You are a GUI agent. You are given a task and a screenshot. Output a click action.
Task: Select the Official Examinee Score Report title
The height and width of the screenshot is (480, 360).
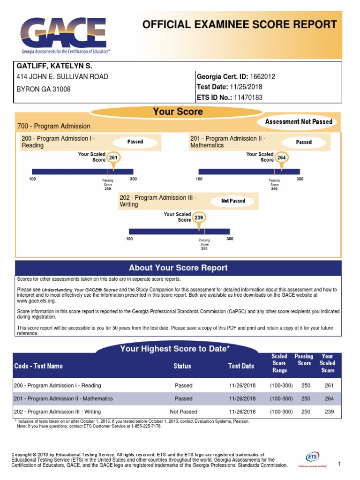(240, 25)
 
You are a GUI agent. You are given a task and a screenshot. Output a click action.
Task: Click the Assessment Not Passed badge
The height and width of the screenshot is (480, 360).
(299, 122)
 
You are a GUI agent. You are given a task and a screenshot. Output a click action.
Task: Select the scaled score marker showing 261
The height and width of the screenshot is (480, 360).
(113, 158)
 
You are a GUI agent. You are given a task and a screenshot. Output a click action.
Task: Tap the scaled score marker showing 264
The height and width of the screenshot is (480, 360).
(281, 158)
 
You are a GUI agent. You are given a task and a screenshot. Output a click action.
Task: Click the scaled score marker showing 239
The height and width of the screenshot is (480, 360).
(199, 218)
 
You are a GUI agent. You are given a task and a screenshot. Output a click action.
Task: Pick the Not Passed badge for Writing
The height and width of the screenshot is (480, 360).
(233, 201)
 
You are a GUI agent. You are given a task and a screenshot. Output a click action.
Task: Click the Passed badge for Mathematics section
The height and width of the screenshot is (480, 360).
(304, 142)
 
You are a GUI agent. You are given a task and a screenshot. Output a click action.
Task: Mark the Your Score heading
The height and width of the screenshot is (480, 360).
(178, 112)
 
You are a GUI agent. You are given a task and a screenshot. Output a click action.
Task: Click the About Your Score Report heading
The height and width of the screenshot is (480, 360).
(178, 268)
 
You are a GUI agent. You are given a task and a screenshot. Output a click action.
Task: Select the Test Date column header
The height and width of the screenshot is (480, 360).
(241, 366)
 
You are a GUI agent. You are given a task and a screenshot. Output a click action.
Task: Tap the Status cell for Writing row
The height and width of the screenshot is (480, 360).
(183, 412)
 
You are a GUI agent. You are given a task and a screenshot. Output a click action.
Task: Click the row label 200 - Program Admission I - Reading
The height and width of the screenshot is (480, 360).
(57, 385)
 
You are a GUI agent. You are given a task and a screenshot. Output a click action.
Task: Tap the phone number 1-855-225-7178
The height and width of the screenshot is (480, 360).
(141, 426)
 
